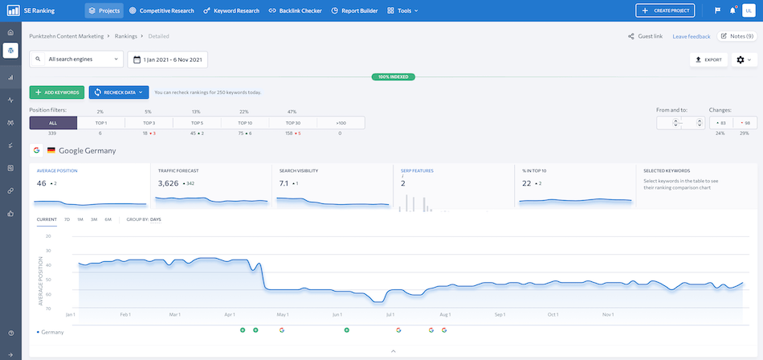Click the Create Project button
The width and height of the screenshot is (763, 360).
click(665, 10)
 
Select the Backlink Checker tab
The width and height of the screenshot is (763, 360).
click(295, 11)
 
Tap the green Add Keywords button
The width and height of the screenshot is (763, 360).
click(56, 92)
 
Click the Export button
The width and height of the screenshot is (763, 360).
click(708, 59)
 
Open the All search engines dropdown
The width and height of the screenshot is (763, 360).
click(77, 59)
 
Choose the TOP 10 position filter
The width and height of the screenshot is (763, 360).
click(245, 123)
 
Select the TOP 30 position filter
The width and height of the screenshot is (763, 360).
click(292, 123)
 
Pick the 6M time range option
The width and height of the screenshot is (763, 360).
click(108, 219)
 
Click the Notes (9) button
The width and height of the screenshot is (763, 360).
click(736, 36)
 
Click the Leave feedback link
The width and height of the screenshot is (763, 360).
click(691, 36)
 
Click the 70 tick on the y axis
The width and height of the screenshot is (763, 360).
click(48, 308)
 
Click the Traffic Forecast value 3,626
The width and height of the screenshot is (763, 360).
click(168, 183)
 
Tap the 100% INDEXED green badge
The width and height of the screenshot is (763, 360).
click(393, 77)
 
